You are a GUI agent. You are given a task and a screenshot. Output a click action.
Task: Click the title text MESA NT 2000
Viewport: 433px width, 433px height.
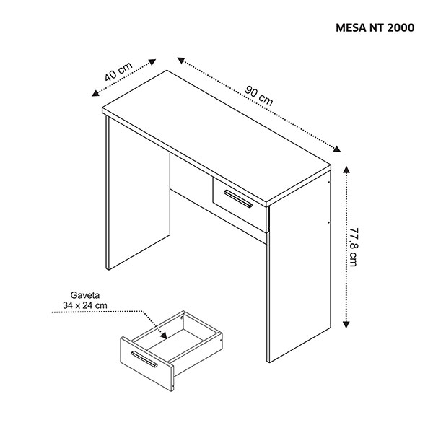375,28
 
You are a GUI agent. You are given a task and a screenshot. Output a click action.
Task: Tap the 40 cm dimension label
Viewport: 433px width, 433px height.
118,71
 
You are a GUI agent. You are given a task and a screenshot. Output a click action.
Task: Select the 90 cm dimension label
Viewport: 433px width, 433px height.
259,96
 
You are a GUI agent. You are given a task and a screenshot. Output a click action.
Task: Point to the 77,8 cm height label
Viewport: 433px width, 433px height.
353,247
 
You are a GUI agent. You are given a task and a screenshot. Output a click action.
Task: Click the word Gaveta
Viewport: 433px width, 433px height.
84,295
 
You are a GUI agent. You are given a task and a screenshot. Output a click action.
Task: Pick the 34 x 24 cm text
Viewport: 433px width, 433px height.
84,306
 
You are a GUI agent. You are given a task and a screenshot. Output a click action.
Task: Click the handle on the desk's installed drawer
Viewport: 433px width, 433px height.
237,198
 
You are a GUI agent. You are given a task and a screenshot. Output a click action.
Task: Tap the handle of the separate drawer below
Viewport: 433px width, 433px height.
144,359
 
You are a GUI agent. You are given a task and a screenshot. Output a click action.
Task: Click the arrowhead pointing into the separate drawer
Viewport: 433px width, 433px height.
164,336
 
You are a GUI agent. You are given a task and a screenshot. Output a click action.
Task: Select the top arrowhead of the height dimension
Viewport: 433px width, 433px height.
346,169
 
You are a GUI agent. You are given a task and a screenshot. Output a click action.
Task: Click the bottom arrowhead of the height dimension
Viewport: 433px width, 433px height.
346,324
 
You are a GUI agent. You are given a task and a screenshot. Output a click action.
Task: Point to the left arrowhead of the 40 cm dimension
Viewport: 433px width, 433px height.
95,93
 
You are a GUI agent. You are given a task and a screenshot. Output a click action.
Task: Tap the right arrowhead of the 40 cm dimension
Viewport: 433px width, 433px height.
153,62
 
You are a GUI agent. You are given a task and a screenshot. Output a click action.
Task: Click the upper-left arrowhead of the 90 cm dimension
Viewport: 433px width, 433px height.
181,60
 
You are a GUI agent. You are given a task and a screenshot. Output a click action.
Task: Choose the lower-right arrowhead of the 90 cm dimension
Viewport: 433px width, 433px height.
337,149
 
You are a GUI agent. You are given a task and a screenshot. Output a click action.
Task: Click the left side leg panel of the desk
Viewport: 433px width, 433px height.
138,193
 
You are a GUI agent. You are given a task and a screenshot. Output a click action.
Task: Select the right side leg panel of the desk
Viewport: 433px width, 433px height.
299,266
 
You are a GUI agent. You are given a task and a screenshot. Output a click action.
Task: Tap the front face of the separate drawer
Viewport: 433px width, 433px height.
147,364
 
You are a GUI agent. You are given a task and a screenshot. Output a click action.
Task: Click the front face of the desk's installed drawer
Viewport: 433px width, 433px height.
240,205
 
